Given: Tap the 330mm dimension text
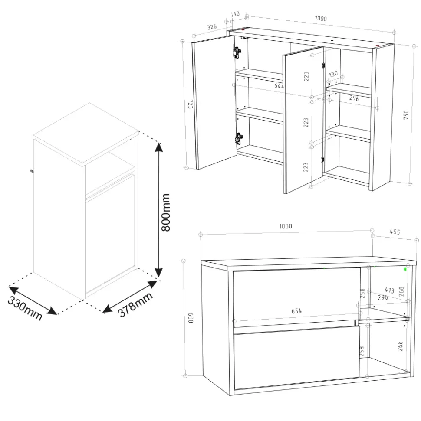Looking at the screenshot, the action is point(25,308).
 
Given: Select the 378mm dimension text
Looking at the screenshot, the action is point(135,304).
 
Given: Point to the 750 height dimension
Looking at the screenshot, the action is point(406,114).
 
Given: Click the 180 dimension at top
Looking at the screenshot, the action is point(235,14).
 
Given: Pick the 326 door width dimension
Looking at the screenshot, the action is point(212,27).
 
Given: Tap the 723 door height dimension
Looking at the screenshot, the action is point(190,104).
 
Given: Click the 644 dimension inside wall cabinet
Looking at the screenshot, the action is point(279,86).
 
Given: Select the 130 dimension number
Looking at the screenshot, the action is point(333,74).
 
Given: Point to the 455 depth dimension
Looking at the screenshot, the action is point(395,232).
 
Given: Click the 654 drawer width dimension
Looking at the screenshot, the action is point(296,311).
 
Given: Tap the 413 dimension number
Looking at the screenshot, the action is point(389,290).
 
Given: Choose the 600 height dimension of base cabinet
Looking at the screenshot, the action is point(191,318).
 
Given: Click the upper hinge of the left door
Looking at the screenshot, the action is point(237,52).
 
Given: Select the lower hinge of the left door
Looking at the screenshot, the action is point(238,139).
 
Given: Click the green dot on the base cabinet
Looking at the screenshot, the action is point(405,269).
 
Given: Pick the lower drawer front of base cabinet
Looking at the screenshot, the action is point(296,357).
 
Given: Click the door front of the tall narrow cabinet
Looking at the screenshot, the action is point(110,234).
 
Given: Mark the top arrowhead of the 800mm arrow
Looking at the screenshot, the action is point(159,147).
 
